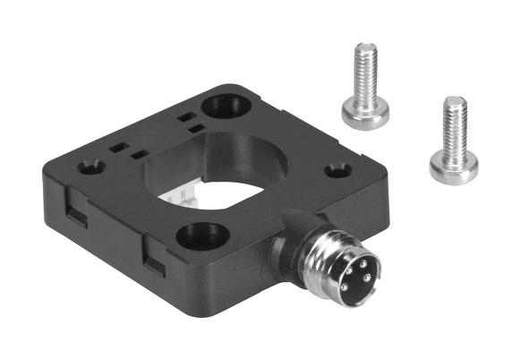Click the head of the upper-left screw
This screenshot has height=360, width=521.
(365, 111)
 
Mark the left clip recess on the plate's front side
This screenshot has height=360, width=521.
(75, 213)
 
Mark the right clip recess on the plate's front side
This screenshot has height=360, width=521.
(155, 261)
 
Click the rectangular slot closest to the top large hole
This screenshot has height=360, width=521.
(186, 116)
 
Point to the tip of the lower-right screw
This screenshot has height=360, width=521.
(456, 100)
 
